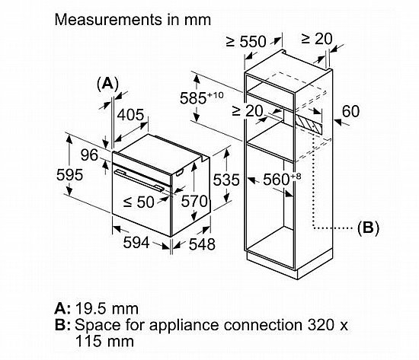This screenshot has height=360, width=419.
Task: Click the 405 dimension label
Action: pos(131,115)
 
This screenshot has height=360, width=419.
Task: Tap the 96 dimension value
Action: pos(90,155)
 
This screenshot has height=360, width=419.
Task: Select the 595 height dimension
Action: pos(69,175)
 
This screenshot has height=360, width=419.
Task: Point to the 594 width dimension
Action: pos(136,243)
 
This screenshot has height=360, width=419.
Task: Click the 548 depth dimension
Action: pos(202,244)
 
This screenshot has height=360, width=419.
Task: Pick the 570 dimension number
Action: pos(194,201)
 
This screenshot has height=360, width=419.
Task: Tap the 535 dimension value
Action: pos(226,180)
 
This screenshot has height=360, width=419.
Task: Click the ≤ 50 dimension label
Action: pos(139,202)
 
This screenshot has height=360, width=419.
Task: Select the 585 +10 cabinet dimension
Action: pos(201,97)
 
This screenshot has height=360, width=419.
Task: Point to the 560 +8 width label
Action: pos(282,179)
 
